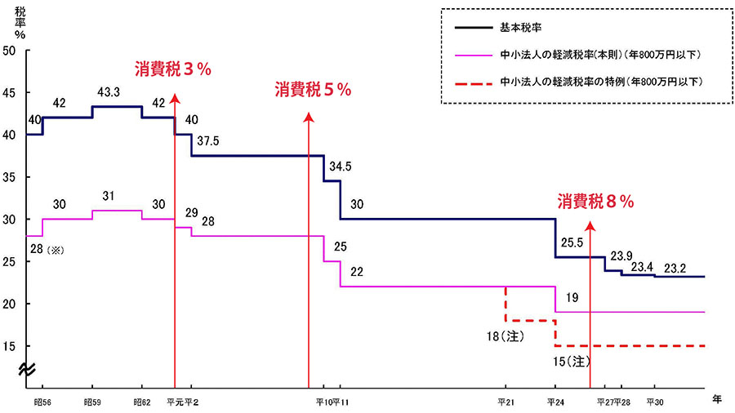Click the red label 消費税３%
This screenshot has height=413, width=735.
(x=173, y=70)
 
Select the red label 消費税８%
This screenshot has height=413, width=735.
(x=596, y=201)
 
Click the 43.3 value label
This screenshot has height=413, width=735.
(x=109, y=94)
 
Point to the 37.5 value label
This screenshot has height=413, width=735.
(x=208, y=141)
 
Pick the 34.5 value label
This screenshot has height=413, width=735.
(x=340, y=167)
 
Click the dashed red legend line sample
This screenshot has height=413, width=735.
(x=473, y=82)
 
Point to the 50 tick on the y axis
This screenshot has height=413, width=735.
(x=10, y=51)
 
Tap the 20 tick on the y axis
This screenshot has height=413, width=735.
(x=10, y=304)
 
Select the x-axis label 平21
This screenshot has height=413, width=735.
(x=506, y=402)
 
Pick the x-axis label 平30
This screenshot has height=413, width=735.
(x=655, y=402)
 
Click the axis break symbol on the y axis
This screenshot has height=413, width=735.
(x=26, y=371)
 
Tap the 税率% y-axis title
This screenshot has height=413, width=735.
(x=20, y=23)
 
